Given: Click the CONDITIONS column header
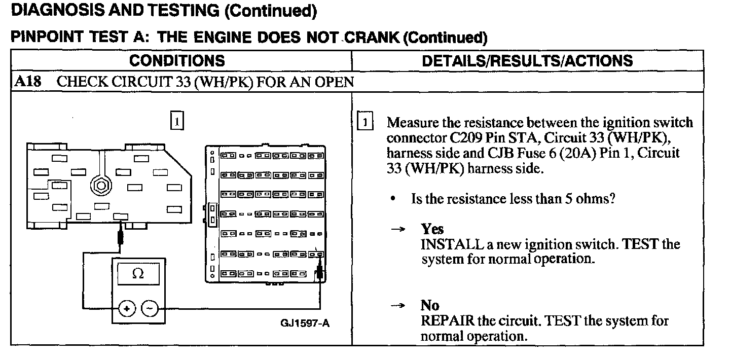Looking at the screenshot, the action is [x=177, y=61].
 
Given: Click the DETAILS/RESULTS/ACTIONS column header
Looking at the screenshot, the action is [x=527, y=61].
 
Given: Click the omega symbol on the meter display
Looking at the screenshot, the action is [x=137, y=274].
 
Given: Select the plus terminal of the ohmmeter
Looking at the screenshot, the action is [x=127, y=308].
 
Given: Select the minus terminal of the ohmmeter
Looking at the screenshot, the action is [x=149, y=308].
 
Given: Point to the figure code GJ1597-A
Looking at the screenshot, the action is [x=305, y=323].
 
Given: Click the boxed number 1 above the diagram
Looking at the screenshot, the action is [x=176, y=122].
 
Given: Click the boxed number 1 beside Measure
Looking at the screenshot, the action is [x=365, y=123].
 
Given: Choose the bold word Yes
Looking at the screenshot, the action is [x=432, y=229].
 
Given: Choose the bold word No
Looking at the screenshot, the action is [x=429, y=305].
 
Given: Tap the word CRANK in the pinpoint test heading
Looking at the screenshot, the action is [x=372, y=37].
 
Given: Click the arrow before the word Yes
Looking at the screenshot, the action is [x=398, y=230].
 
